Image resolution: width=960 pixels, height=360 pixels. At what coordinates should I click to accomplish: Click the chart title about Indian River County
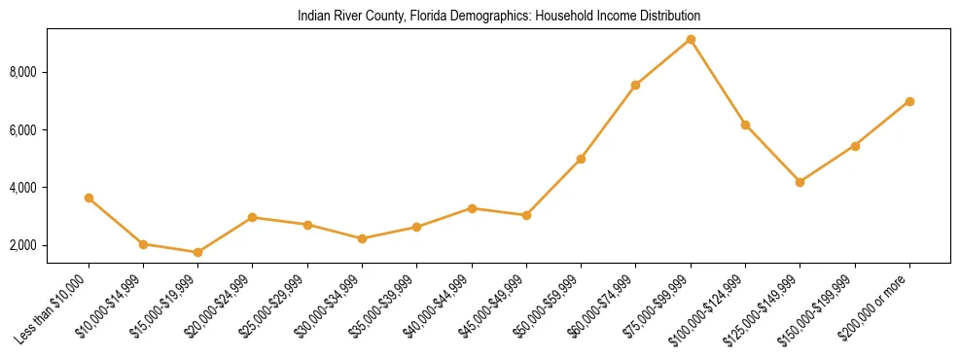[x=499, y=17]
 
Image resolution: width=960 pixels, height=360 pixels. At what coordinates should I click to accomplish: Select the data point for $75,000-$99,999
[x=691, y=40]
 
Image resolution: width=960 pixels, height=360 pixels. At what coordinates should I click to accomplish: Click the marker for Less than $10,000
[x=89, y=198]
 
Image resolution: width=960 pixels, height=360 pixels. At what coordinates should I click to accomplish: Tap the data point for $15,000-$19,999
[x=197, y=252]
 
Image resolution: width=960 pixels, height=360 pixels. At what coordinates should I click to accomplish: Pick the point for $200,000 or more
[x=909, y=101]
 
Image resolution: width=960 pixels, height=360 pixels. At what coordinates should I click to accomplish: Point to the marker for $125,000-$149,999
[x=800, y=182]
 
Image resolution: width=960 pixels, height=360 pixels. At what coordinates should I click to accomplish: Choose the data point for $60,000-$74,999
[x=635, y=86]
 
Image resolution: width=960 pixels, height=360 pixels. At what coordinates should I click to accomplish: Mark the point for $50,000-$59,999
[x=581, y=159]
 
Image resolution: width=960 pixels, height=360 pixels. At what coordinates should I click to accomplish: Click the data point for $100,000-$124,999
[x=745, y=125]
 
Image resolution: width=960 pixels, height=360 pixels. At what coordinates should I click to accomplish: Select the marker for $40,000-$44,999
[x=472, y=208]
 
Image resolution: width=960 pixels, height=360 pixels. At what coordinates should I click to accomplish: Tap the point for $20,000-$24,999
[x=253, y=217]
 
